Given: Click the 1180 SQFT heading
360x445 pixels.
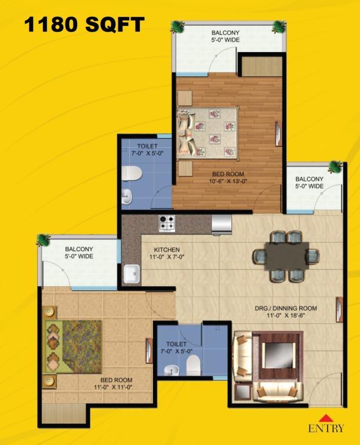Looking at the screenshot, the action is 84,24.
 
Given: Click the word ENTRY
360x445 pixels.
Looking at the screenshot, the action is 326,428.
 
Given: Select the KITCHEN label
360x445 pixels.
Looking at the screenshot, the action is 166,250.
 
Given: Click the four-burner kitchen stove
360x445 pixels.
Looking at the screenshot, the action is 167,223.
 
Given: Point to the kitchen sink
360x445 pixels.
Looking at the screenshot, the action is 132,273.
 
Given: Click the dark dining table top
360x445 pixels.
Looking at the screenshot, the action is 286,256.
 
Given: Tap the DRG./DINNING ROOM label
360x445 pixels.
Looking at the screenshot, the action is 286,308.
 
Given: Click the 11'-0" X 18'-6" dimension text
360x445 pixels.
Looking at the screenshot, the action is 286,315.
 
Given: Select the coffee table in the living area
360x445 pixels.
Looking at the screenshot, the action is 277,356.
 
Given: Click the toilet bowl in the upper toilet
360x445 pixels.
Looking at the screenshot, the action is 132,173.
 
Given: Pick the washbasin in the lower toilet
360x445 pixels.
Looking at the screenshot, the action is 172,370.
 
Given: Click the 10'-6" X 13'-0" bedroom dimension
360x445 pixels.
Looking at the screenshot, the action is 228,181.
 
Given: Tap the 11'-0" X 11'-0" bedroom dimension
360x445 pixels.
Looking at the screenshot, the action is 114,387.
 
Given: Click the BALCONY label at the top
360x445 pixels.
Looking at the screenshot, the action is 226,32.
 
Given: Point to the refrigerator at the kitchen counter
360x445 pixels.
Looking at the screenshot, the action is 221,225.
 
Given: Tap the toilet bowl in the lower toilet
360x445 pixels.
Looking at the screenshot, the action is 194,364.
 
